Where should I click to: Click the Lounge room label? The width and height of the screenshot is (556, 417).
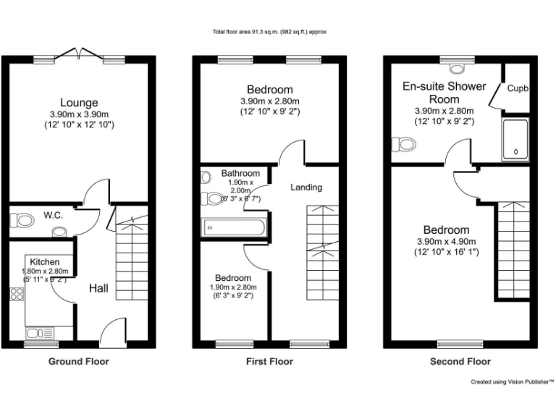coord(79,103)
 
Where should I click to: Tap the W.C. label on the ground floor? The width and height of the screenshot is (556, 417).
coord(51,215)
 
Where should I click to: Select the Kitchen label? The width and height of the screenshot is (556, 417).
coord(45,261)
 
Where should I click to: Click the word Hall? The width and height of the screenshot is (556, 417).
coord(98,288)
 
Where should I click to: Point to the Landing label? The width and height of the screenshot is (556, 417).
coord(306,188)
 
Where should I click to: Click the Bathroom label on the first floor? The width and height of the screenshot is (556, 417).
coord(240,174)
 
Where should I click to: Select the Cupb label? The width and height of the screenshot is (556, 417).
coord(517,88)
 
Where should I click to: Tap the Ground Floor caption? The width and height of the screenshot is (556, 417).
coord(79,361)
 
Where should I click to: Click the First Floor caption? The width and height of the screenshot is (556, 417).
coord(269,361)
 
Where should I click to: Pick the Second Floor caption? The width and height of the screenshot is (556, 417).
coord(460,361)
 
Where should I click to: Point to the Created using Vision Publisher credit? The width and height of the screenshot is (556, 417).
coord(512,381)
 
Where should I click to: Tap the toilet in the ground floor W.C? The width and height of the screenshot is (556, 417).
coord(24,219)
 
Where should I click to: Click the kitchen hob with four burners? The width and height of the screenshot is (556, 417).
coord(17,294)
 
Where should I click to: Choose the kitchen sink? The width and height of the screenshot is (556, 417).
coord(35,333)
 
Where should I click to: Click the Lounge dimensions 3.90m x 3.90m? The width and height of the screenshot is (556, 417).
coord(79,114)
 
